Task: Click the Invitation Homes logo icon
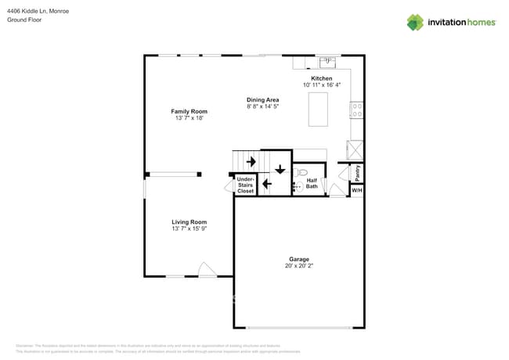(x=414, y=22)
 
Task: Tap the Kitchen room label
(x=322, y=79)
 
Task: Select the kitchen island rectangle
(x=319, y=109)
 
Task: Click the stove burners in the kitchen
(x=357, y=110)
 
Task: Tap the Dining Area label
(x=262, y=99)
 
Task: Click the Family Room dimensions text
(x=189, y=118)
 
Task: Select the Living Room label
(x=189, y=222)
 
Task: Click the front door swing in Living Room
(x=208, y=270)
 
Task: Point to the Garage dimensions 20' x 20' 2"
(x=298, y=266)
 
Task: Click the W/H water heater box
(x=356, y=190)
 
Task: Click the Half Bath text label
(x=312, y=183)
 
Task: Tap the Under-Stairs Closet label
(x=246, y=185)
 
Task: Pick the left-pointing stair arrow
(x=266, y=185)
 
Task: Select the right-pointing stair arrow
(x=251, y=162)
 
